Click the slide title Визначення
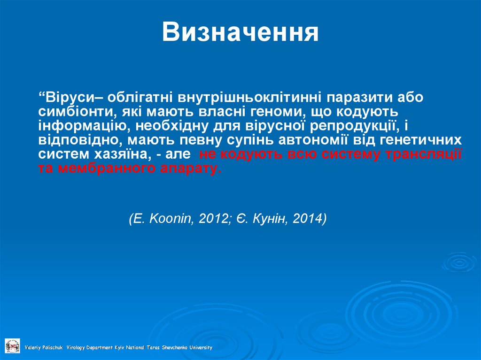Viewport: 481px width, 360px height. (x=240, y=33)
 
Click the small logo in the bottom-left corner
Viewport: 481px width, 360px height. (x=12, y=345)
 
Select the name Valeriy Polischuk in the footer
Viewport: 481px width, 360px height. (x=46, y=348)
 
